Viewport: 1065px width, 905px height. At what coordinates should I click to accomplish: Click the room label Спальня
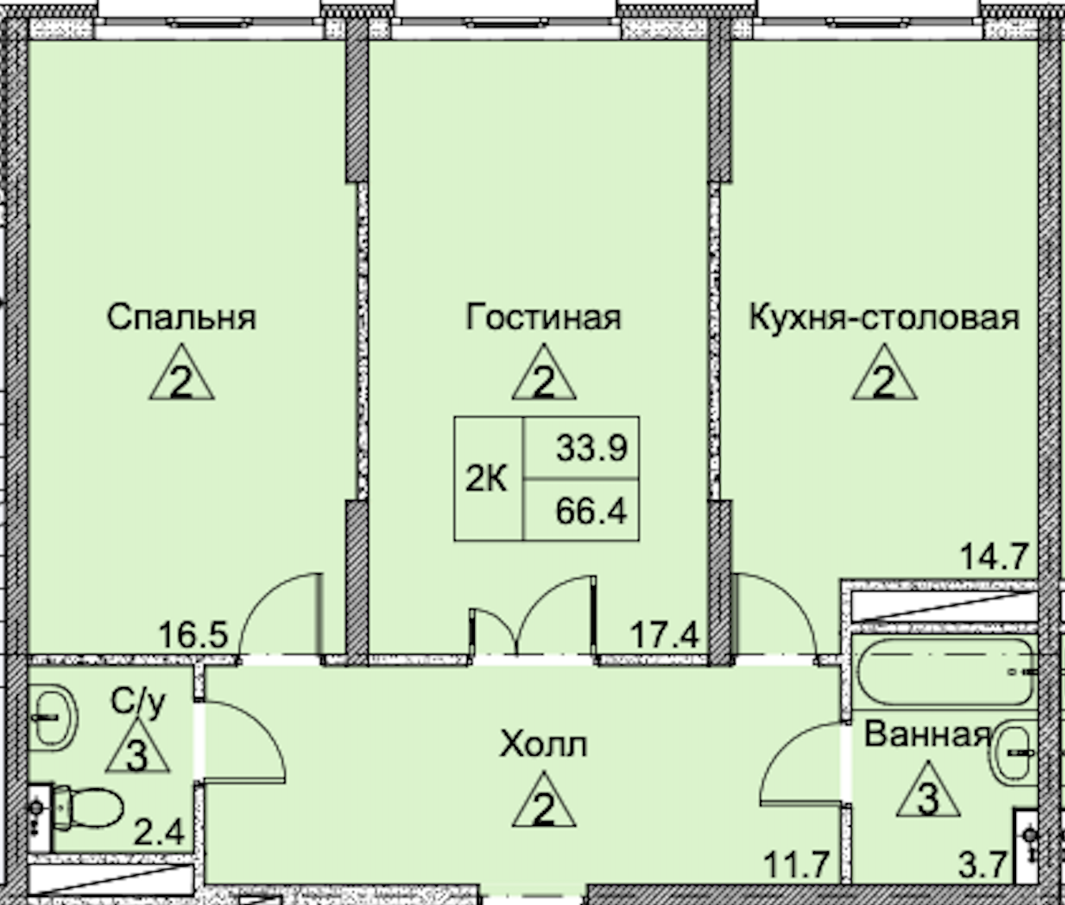pos(181,317)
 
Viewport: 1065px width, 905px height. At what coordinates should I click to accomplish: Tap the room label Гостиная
pos(544,317)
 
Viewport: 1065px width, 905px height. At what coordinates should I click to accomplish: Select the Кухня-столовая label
pos(883,317)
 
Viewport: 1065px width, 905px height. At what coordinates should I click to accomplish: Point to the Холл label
pos(544,744)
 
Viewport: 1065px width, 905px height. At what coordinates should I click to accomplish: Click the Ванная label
pos(927,734)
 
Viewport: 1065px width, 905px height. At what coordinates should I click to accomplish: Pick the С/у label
pos(138,700)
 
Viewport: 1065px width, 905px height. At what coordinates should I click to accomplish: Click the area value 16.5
pos(193,634)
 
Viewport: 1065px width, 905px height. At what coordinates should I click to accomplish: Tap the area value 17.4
pos(664,634)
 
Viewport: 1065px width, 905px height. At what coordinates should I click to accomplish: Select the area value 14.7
pos(993,557)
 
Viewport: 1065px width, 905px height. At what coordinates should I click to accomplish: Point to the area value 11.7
pos(796,865)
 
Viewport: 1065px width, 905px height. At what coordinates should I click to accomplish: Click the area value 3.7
pos(982,865)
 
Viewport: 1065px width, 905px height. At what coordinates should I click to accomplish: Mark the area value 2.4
pos(158,832)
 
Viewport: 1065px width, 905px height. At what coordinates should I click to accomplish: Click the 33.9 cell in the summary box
pos(591,448)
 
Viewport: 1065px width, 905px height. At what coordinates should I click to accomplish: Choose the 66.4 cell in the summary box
pos(591,511)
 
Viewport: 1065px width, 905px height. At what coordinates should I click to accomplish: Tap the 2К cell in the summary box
pos(487,479)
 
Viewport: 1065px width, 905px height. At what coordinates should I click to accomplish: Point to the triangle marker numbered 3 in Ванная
pos(928,793)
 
